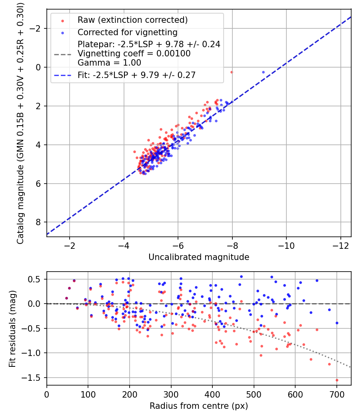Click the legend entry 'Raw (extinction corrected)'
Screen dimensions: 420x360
click(132, 20)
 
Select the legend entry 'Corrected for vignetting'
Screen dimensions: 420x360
click(127, 32)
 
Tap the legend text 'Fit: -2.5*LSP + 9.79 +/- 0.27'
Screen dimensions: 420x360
click(136, 75)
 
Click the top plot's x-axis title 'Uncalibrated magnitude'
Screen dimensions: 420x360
click(199, 257)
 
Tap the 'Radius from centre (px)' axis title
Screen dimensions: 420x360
click(199, 406)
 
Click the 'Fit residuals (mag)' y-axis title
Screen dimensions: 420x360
click(13, 328)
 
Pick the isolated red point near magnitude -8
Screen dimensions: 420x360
click(232, 72)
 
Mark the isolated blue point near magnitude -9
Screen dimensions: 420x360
click(263, 72)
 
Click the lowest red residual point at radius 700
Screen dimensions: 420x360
click(337, 380)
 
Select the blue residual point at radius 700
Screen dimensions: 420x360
click(337, 323)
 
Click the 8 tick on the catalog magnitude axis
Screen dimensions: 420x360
click(39, 222)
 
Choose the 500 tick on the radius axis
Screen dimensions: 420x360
click(254, 394)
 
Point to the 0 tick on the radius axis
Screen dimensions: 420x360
click(47, 394)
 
